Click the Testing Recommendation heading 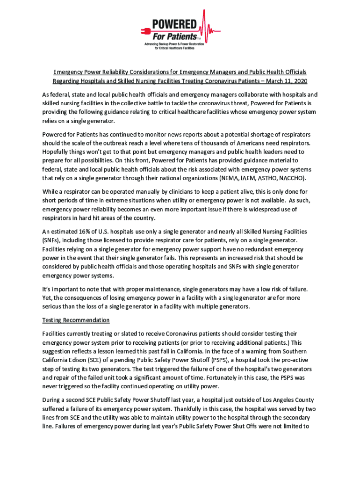tap(76, 320)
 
